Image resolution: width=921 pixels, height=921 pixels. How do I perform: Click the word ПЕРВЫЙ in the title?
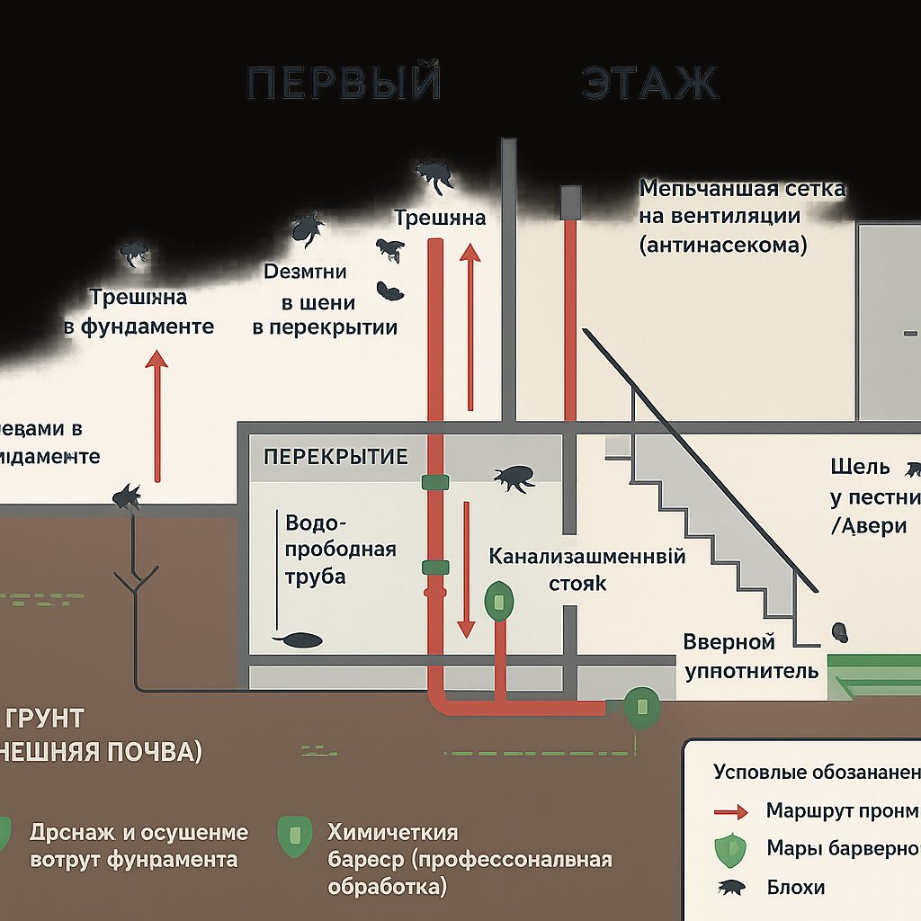pos(344,83)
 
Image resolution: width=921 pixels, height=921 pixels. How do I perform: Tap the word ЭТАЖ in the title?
pos(649,83)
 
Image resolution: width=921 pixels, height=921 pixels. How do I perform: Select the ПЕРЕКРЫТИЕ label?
pos(335,456)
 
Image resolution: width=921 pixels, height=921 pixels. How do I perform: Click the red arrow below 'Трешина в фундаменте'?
pos(157,415)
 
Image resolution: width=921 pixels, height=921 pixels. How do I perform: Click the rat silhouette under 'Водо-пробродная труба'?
pos(298,639)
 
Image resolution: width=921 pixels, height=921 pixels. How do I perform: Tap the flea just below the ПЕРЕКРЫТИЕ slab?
pos(515,478)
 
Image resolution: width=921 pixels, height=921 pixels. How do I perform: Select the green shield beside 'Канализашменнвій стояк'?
pos(497,600)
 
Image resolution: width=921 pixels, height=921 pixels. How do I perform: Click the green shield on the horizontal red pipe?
pos(640,707)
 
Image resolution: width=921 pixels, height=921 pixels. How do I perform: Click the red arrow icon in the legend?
pos(730,812)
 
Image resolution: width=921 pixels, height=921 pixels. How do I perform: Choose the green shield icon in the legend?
pos(730,849)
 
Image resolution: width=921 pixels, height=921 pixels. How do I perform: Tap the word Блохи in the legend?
pos(796,887)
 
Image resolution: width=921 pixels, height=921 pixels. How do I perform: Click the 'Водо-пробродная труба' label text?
pos(340,550)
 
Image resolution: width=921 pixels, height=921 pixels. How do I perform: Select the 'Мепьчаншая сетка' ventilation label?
pos(742,189)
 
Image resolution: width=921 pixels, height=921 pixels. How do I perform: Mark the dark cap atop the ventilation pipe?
pos(570,202)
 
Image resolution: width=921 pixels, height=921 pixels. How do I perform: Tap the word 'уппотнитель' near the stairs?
pos(752,671)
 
